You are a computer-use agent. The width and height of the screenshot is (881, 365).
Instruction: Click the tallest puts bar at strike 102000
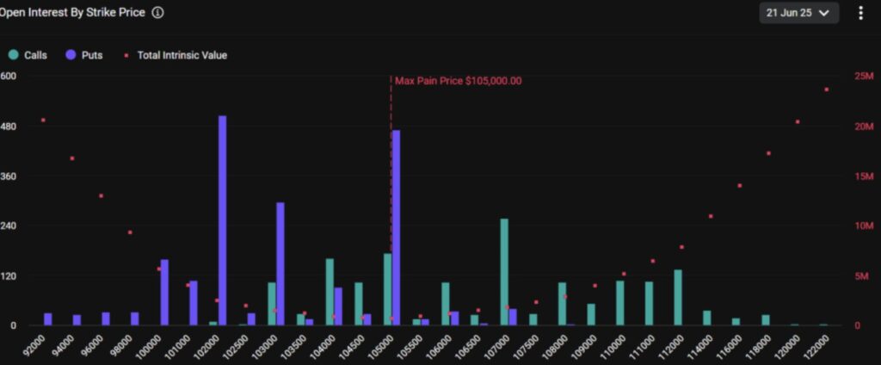pyautogui.click(x=223, y=220)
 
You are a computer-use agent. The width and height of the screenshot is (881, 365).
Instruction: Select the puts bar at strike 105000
pyautogui.click(x=396, y=227)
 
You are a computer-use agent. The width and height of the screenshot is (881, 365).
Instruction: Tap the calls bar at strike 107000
pyautogui.click(x=504, y=272)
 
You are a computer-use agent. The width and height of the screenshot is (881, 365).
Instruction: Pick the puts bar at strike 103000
pyautogui.click(x=280, y=263)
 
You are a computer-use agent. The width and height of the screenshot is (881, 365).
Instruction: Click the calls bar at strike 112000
pyautogui.click(x=678, y=298)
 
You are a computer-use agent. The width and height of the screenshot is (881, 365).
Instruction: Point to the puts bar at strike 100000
pyautogui.click(x=165, y=293)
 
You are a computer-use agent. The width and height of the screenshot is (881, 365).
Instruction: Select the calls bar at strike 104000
pyautogui.click(x=330, y=292)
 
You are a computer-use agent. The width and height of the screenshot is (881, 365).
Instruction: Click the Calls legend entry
pyautogui.click(x=28, y=55)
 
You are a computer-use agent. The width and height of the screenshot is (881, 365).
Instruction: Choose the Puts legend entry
pyautogui.click(x=84, y=55)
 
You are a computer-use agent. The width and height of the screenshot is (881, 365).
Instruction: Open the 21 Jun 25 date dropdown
pyautogui.click(x=799, y=13)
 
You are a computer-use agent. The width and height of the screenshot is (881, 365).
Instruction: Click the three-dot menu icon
pyautogui.click(x=861, y=13)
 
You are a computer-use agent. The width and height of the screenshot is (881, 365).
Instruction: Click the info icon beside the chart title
pyautogui.click(x=157, y=13)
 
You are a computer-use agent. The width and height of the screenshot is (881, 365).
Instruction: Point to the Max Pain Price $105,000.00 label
pyautogui.click(x=458, y=81)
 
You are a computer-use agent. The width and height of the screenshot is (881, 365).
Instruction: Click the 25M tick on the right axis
pyautogui.click(x=864, y=77)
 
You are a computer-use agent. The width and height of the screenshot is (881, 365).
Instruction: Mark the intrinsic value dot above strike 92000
pyautogui.click(x=43, y=120)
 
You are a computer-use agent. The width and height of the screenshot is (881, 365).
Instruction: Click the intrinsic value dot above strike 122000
pyautogui.click(x=827, y=90)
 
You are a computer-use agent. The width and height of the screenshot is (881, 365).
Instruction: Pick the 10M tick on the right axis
pyautogui.click(x=864, y=226)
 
